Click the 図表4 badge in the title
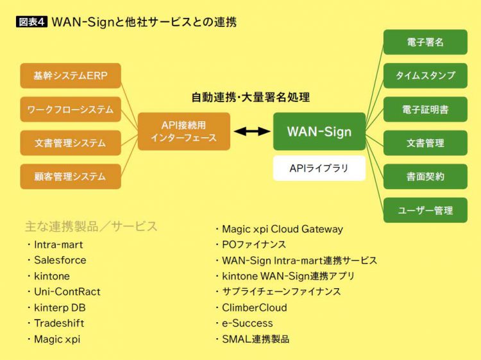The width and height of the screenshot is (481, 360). click(x=31, y=21)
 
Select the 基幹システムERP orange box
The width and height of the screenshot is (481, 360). click(x=71, y=76)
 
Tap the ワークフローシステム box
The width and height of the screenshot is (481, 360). click(x=71, y=109)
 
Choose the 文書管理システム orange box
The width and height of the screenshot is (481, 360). click(x=71, y=142)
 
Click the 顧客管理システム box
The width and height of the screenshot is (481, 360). click(x=71, y=176)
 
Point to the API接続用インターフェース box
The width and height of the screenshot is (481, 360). click(x=183, y=132)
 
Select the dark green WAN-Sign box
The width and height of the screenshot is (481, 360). click(x=319, y=132)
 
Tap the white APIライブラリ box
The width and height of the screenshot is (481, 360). click(x=319, y=168)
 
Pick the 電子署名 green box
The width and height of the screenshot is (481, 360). click(x=425, y=42)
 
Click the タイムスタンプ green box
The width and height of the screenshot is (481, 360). click(x=425, y=76)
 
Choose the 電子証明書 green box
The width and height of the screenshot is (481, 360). click(x=425, y=109)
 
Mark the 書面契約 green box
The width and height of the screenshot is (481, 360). click(x=425, y=176)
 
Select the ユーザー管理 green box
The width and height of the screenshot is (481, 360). click(x=425, y=210)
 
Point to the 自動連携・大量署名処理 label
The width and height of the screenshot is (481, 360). click(x=251, y=98)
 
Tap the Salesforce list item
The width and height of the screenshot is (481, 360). click(x=60, y=260)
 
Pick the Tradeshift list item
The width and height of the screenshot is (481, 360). click(x=59, y=323)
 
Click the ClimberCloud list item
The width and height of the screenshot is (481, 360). click(x=254, y=307)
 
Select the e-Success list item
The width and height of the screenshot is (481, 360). click(x=247, y=323)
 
